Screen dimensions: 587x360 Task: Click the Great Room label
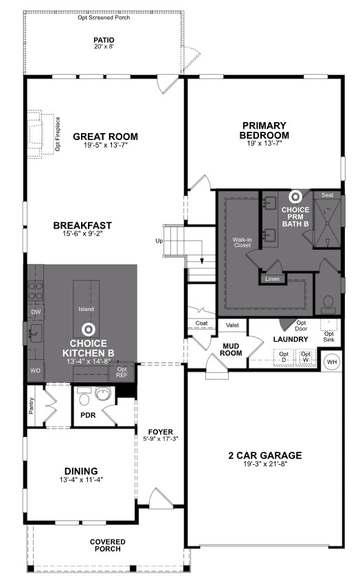[105, 137]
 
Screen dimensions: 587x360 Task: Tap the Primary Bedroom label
[265, 130]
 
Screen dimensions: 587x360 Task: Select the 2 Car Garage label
[265, 455]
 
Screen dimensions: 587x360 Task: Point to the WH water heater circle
[332, 362]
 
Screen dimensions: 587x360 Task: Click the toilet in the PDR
[84, 396]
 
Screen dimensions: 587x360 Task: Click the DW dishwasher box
[36, 312]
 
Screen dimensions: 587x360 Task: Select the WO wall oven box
[36, 371]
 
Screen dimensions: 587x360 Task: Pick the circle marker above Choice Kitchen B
[87, 330]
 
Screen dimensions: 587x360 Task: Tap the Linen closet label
[272, 279]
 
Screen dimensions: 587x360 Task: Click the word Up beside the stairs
[159, 241]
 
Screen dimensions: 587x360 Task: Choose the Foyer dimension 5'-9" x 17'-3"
[160, 439]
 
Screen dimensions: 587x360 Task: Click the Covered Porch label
[107, 545]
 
